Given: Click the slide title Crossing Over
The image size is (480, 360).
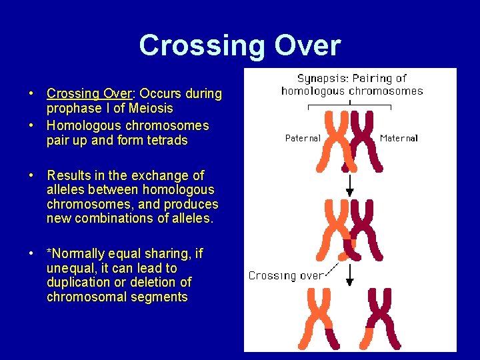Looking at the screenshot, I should pos(239,45).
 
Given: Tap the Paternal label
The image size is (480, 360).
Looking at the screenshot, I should pos(303,139).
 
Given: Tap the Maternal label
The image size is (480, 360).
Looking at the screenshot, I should pos(399,139).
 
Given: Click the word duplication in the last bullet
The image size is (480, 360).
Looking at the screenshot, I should pos(78,283).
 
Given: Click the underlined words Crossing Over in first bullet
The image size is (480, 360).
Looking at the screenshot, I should pos(83,93).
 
